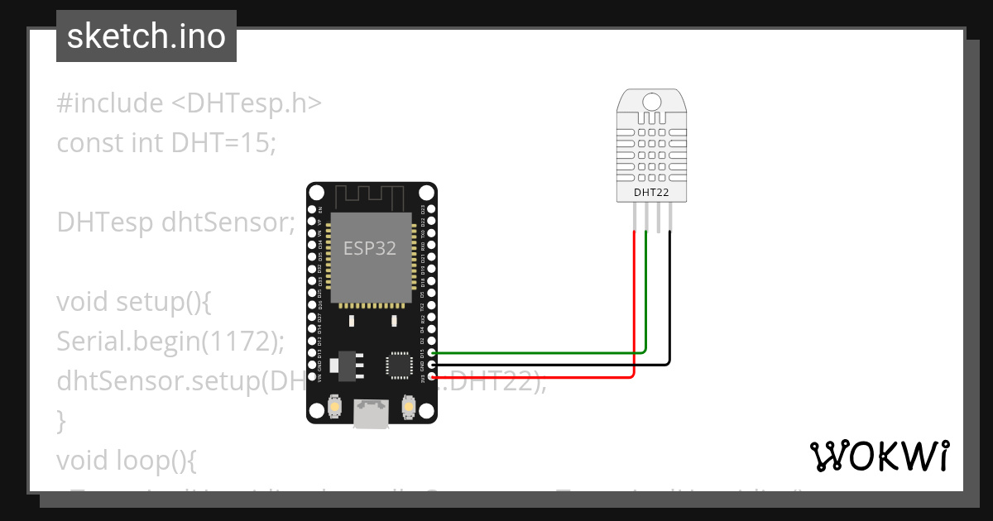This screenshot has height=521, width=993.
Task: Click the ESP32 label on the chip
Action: coord(370,248)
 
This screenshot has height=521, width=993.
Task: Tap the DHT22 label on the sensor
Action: coord(651,193)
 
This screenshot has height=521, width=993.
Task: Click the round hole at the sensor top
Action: coord(651,102)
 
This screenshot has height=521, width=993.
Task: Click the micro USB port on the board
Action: coord(370,413)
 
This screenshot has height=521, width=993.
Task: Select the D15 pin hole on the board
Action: coord(432,353)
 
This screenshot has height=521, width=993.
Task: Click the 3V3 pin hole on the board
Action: coord(432,376)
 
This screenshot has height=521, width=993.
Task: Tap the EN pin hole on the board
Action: coord(311,210)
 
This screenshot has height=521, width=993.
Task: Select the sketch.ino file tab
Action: coord(146,36)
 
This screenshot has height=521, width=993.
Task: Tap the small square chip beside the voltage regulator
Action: coord(397,365)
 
